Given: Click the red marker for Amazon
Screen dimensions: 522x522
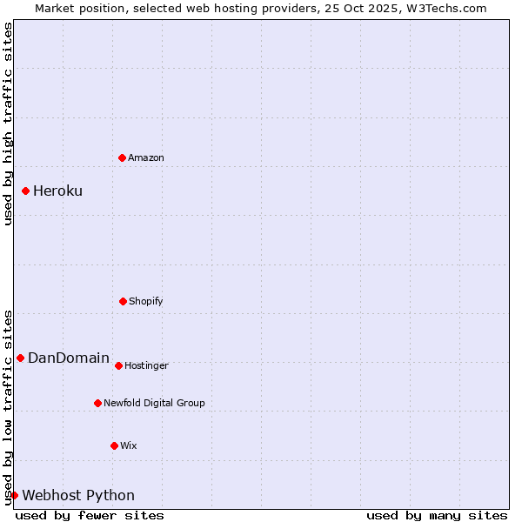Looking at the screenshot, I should click(122, 157).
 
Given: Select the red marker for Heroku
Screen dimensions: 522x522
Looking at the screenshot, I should click(26, 191).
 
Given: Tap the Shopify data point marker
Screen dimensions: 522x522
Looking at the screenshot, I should click(123, 301).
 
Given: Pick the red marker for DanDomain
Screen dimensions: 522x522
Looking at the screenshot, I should click(20, 358).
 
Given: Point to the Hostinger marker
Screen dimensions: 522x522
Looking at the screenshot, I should click(118, 365).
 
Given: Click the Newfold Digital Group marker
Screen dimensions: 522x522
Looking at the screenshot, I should click(97, 403).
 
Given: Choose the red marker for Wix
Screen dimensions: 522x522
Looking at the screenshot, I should click(114, 445).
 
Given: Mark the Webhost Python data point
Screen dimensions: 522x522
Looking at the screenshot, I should click(14, 495).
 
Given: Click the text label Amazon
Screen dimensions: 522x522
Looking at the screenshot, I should click(146, 157).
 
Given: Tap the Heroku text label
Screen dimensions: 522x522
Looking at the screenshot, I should click(57, 191).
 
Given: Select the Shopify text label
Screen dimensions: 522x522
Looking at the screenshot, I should click(146, 301).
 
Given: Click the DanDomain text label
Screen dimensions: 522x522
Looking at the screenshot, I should click(69, 358).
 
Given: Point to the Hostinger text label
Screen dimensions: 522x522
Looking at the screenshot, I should click(146, 365).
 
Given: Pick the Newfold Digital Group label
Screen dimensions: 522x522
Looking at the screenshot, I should click(154, 403).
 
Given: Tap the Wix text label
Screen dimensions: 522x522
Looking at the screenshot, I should click(129, 445).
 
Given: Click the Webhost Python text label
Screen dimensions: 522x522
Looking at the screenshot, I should click(78, 496).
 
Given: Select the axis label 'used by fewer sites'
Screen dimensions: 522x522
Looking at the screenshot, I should click(90, 515).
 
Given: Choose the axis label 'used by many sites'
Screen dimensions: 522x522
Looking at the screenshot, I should click(437, 515).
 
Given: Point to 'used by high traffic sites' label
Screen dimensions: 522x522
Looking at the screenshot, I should click(8, 124).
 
